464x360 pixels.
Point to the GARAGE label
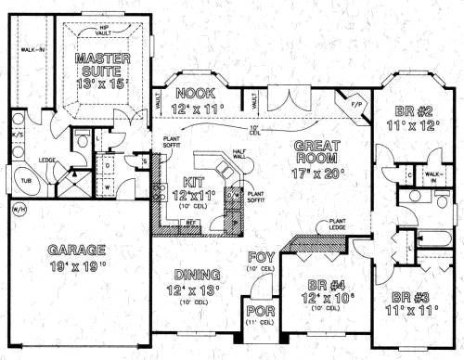coord(78,249)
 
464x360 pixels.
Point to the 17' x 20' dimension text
coord(317,172)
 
